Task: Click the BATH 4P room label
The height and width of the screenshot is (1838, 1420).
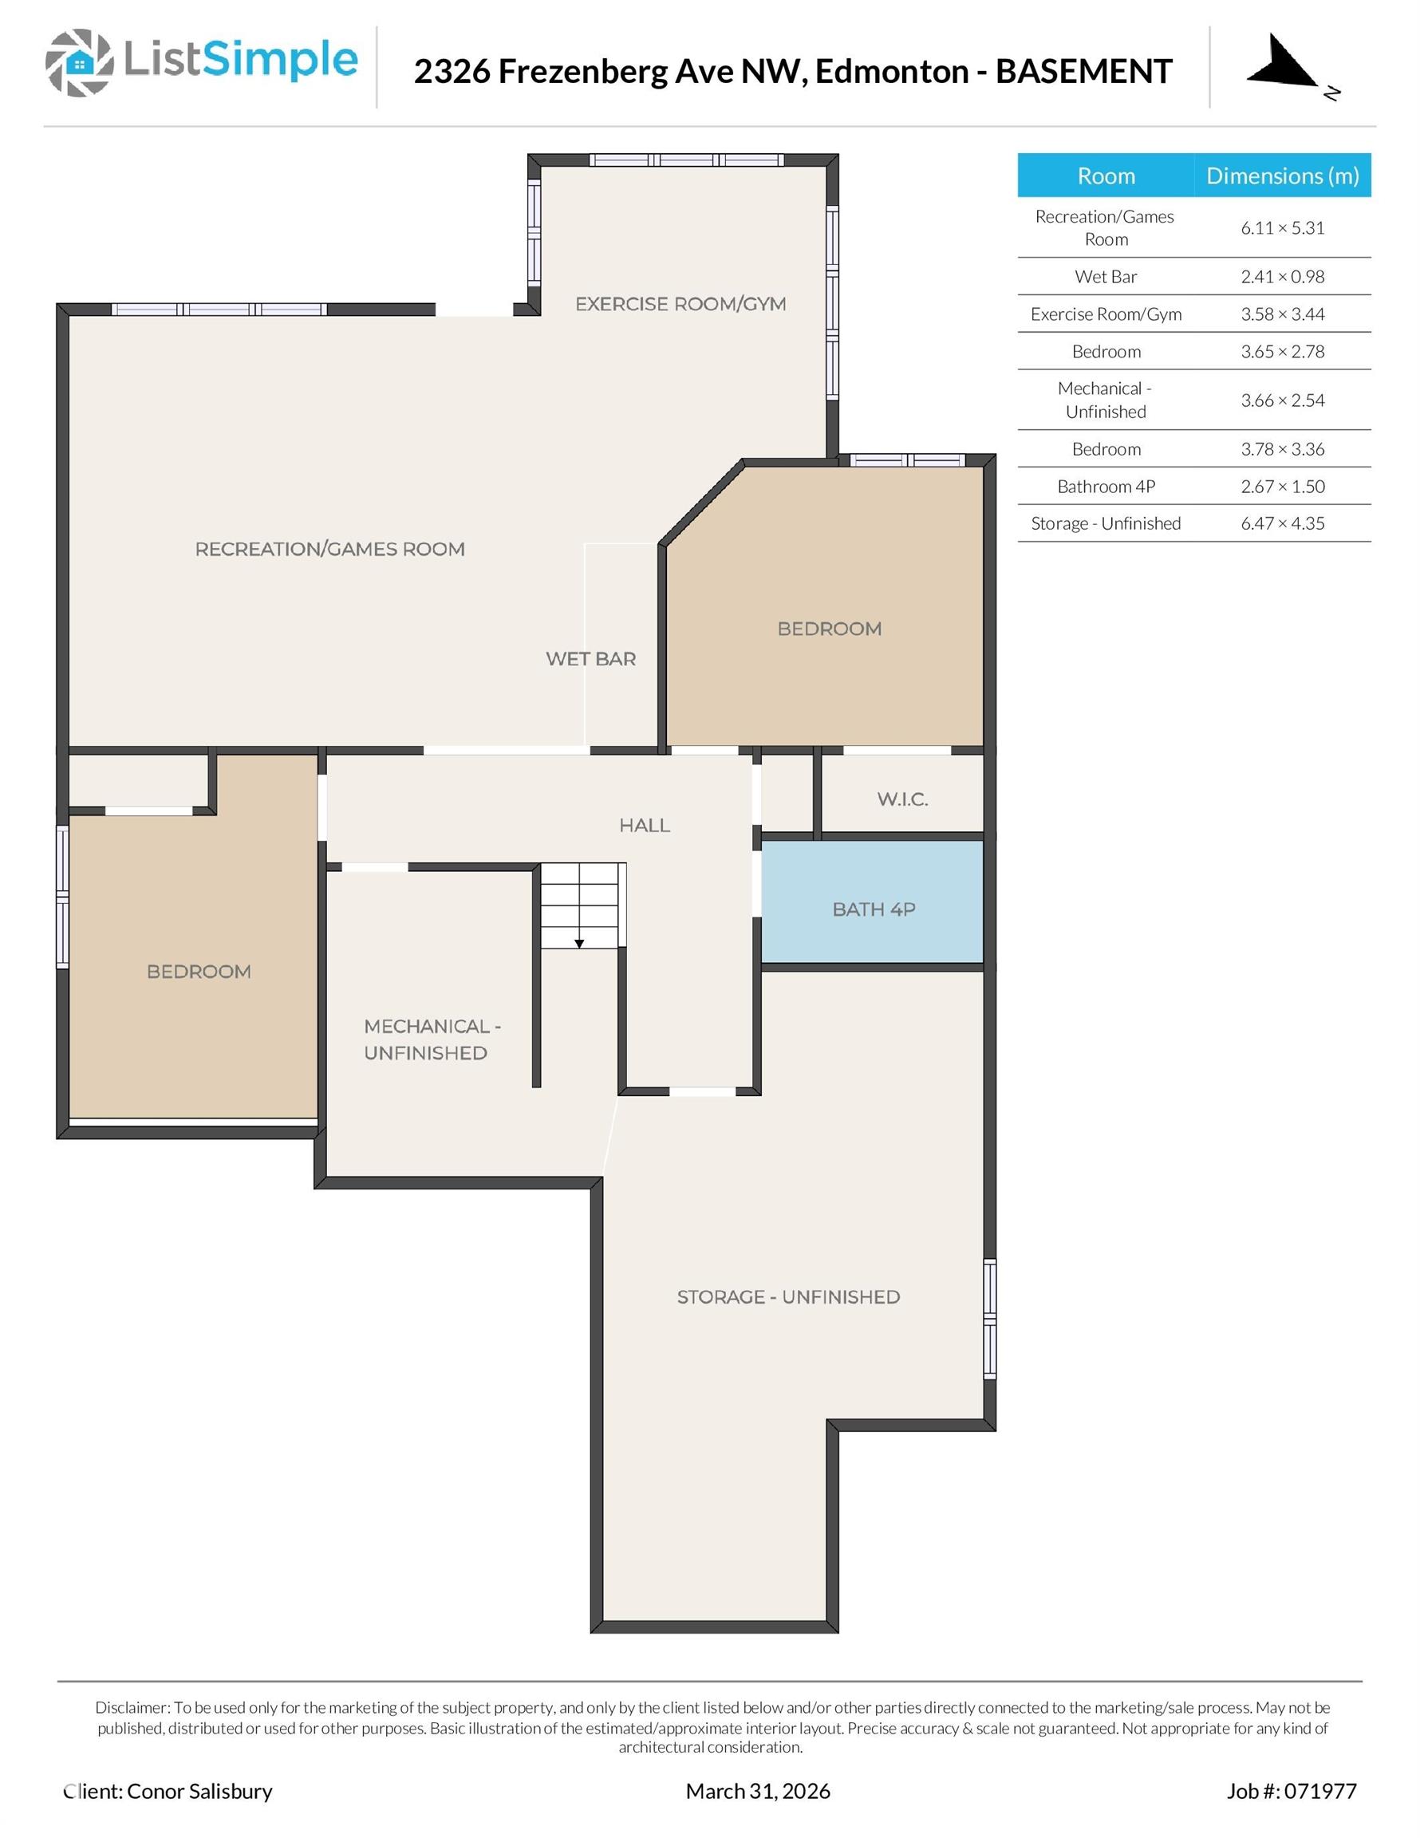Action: pos(873,909)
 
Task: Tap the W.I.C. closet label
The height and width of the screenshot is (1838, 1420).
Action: pos(902,799)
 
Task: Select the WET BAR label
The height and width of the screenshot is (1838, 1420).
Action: pos(590,659)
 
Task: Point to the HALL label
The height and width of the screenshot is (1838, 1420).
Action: pos(645,825)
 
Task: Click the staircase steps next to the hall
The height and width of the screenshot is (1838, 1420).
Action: pos(581,905)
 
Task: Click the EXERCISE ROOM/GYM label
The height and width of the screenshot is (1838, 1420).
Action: pos(680,304)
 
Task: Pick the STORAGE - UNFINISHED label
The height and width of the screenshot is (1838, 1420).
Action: pos(788,1297)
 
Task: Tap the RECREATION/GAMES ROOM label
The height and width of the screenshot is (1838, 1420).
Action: pos(330,549)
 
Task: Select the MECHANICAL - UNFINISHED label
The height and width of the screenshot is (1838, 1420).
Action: pos(431,1039)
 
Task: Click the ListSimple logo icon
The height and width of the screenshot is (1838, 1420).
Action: pos(79,62)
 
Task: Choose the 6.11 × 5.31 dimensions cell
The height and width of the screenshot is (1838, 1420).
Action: pos(1282,228)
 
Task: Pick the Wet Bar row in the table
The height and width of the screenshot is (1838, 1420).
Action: pos(1105,277)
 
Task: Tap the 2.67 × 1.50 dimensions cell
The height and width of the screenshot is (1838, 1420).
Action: pos(1282,487)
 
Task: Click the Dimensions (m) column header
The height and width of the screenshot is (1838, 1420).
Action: pos(1282,176)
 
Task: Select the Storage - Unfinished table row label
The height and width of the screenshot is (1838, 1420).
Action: pos(1105,523)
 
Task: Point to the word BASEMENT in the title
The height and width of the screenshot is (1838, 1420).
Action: pos(1083,72)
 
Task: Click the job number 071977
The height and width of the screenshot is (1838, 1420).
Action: pos(1319,1791)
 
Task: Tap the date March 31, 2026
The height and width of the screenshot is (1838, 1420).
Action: pos(758,1791)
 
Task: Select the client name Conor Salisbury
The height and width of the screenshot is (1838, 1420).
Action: pos(199,1791)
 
